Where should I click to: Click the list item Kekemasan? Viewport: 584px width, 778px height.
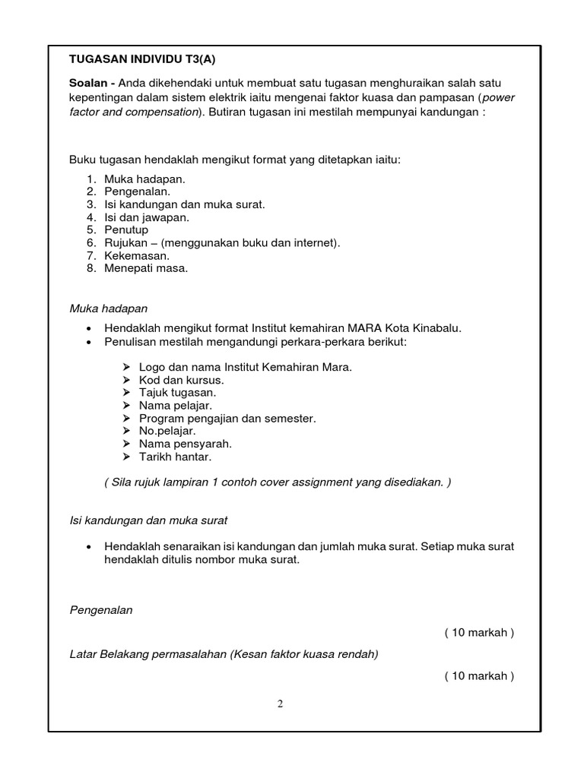[x=137, y=255]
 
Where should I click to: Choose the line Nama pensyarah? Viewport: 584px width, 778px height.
[x=186, y=444]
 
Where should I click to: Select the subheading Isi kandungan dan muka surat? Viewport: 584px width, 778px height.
[x=148, y=520]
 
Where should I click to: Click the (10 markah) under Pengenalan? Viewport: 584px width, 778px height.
[x=479, y=633]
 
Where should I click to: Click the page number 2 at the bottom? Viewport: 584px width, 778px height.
[x=280, y=704]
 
